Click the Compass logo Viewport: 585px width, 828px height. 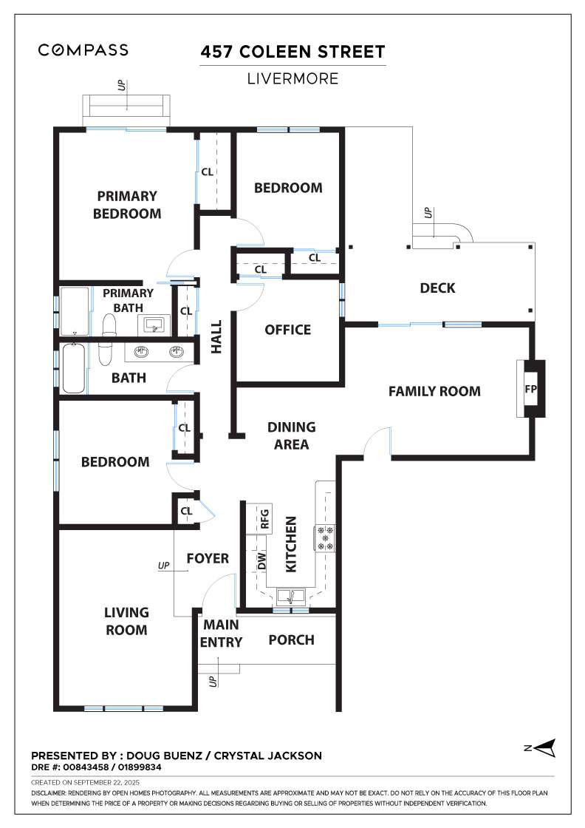pos(83,50)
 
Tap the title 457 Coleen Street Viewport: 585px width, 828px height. pos(292,52)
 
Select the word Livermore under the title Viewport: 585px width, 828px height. pos(292,78)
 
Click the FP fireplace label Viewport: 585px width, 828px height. pos(530,389)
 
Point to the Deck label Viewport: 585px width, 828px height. pos(437,288)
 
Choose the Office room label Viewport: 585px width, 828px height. pos(287,330)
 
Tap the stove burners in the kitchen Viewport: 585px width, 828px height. pos(325,538)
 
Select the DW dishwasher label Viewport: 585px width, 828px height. pos(261,561)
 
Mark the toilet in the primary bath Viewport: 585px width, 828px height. pos(109,325)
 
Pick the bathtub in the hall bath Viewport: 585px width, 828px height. pos(74,368)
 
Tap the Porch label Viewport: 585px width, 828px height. pos(291,640)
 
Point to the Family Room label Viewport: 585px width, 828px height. pos(434,391)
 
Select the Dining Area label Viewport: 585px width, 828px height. pos(291,435)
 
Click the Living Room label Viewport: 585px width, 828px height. pos(126,621)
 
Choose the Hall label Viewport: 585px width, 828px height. pos(216,336)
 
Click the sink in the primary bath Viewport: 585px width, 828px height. pos(154,325)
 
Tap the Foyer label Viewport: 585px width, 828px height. pos(208,558)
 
